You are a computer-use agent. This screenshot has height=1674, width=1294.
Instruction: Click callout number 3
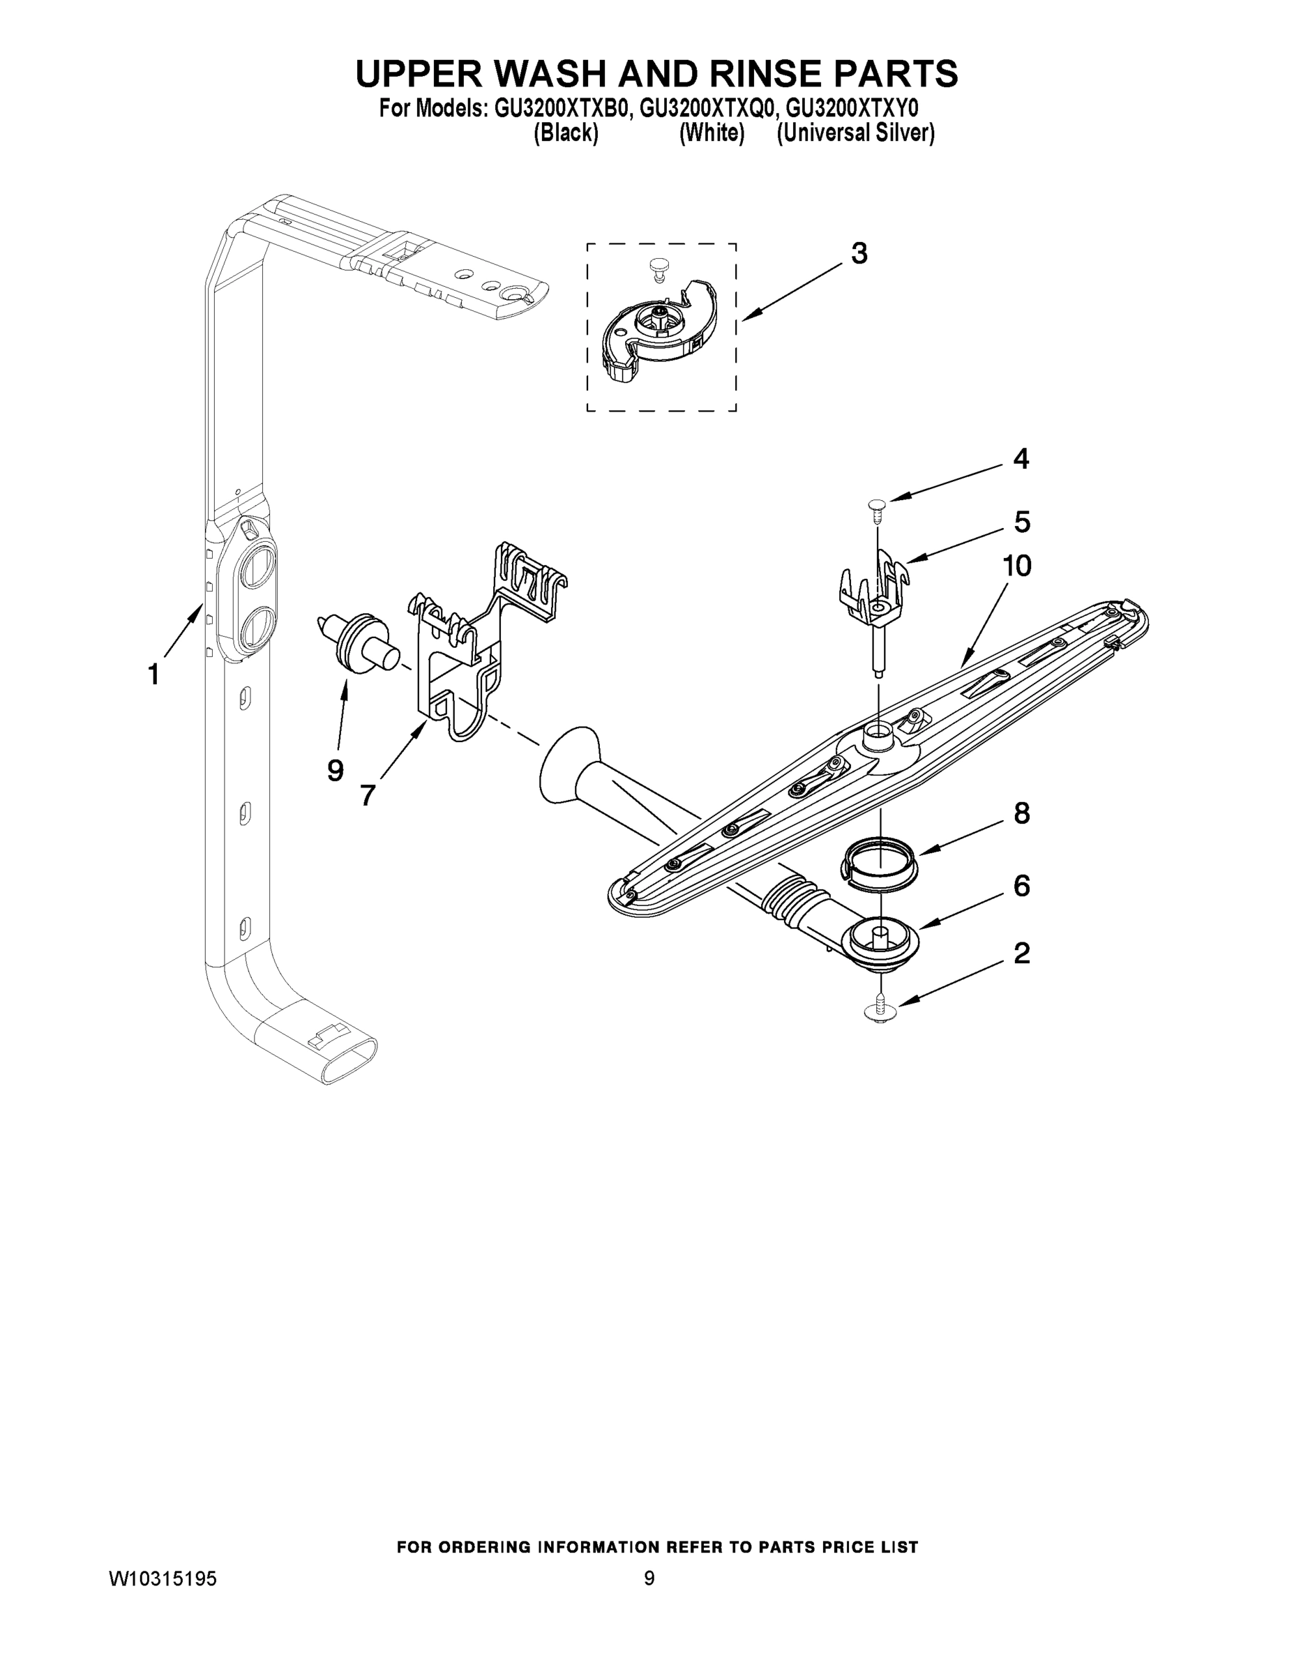pos(859,254)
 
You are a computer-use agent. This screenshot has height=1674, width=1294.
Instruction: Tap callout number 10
pos(1017,566)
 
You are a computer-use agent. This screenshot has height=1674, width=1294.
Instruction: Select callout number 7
pos(367,796)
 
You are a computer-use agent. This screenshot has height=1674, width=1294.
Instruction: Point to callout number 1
pos(153,674)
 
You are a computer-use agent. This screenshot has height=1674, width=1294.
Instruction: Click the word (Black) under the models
pos(566,133)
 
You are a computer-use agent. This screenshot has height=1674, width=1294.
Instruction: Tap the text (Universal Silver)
pos(855,133)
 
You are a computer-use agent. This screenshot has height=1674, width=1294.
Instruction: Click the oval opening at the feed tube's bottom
pos(349,1062)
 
